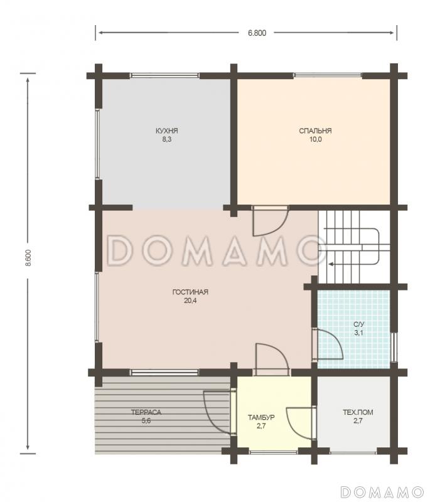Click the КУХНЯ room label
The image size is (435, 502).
tap(166, 131)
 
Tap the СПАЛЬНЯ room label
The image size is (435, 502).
tap(315, 131)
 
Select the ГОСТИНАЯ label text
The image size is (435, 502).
tap(190, 292)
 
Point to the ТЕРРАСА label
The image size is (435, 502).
tap(146, 412)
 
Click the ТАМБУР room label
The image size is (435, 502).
tap(261, 417)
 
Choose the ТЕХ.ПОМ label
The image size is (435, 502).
tap(358, 412)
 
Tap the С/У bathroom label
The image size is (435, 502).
tap(359, 324)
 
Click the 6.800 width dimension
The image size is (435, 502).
tap(257, 33)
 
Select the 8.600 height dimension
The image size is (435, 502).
tap(28, 258)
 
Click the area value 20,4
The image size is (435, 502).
tap(190, 301)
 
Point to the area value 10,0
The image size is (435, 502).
tap(316, 139)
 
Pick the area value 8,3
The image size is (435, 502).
tap(166, 139)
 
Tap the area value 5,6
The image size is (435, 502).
tap(146, 420)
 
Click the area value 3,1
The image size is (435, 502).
tap(358, 333)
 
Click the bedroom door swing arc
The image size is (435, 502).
tap(279, 227)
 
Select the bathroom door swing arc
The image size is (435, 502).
tap(337, 340)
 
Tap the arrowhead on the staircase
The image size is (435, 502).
tap(331, 264)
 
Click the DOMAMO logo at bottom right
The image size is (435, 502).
tap(382, 491)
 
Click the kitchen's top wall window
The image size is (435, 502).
tap(164, 75)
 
